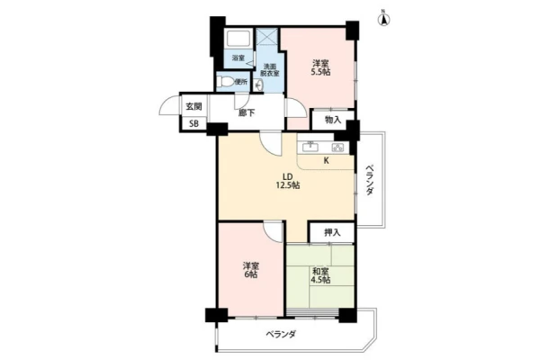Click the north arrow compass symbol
(x=384, y=18)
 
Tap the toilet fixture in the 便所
(x=226, y=82)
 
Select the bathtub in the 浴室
(x=238, y=40)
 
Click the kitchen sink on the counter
(x=310, y=147)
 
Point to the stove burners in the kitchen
(x=337, y=148)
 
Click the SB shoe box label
(x=193, y=123)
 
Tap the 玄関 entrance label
(x=193, y=107)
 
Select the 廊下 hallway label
(x=247, y=112)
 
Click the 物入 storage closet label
(x=333, y=120)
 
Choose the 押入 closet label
(x=332, y=232)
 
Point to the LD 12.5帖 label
(x=287, y=181)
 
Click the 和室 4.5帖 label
(x=320, y=275)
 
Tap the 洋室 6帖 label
(x=250, y=270)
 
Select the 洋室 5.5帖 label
(x=320, y=67)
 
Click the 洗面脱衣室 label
(x=270, y=70)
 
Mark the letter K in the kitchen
(x=326, y=160)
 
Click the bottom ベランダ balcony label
(x=281, y=334)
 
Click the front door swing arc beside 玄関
(x=165, y=104)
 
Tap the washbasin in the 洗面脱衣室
(x=258, y=84)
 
